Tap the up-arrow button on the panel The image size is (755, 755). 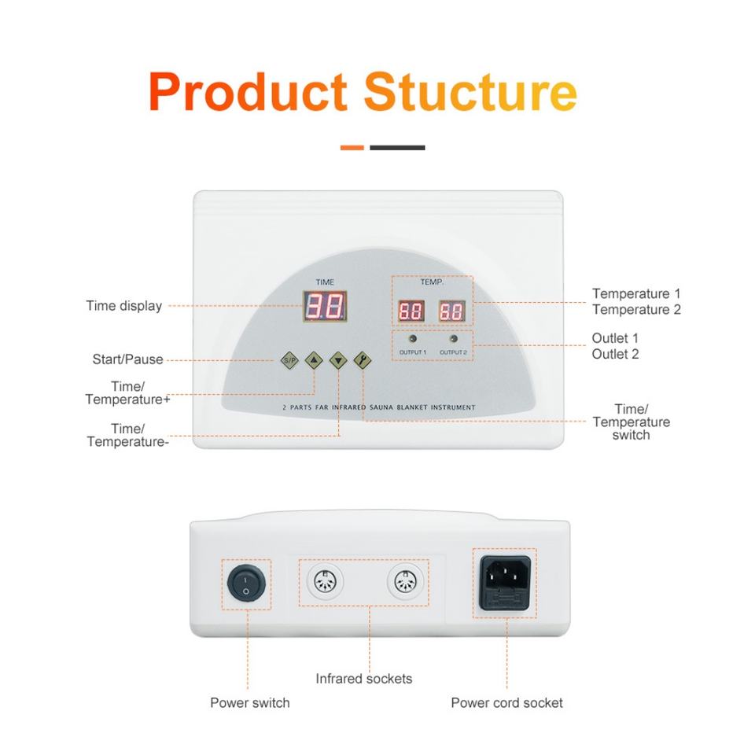(x=314, y=360)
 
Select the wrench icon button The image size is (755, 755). (x=363, y=360)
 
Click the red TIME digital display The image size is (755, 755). (x=324, y=306)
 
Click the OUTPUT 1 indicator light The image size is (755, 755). (x=412, y=339)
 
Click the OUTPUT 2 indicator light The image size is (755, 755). (x=453, y=339)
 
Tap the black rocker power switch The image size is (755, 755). (x=245, y=584)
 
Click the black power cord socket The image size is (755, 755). (x=505, y=583)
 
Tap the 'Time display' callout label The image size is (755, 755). (x=123, y=306)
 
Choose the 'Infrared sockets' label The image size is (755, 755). (x=363, y=678)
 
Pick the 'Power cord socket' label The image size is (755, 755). (x=506, y=702)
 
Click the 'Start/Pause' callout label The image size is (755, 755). (x=127, y=359)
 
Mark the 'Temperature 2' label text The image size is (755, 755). (x=636, y=310)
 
